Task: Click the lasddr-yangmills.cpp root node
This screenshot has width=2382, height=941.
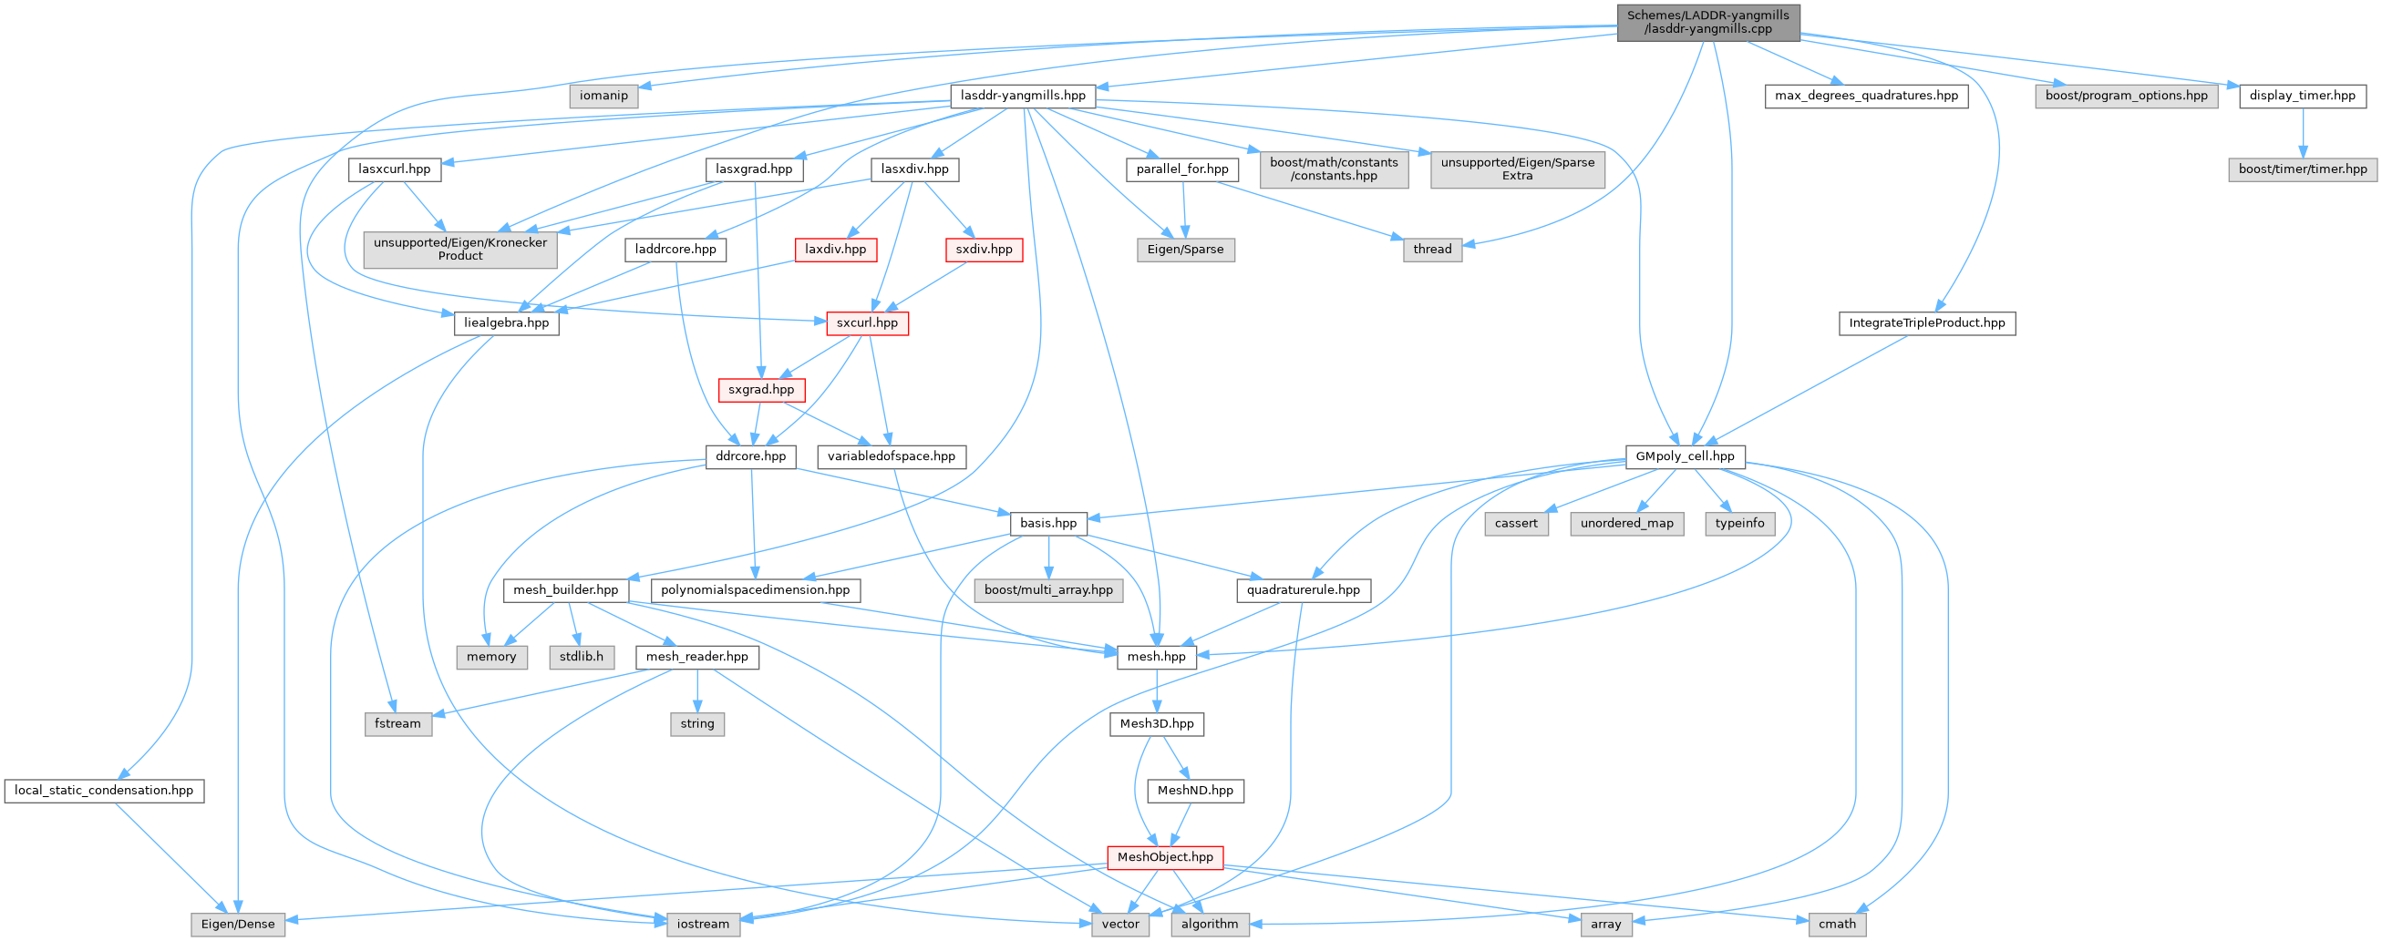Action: [1708, 22]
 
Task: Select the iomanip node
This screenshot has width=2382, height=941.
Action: [603, 97]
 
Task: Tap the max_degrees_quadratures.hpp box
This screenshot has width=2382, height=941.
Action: [1866, 97]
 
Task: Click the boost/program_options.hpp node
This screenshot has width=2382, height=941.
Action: [2126, 97]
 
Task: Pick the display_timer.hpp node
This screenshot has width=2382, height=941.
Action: [2302, 97]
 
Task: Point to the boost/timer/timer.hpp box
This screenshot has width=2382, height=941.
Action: [2302, 169]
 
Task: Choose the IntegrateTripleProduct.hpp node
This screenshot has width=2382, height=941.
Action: [1926, 323]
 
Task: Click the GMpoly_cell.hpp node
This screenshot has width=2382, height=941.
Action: [1685, 456]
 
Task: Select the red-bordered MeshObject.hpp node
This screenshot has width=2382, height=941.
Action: [1165, 858]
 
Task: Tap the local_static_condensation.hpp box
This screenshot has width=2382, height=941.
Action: [104, 792]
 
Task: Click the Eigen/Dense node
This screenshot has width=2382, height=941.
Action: [238, 925]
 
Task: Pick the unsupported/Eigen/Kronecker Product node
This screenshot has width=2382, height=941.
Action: [459, 250]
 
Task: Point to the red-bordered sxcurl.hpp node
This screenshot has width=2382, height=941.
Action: [867, 323]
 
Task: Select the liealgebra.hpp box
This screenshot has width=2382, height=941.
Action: [506, 323]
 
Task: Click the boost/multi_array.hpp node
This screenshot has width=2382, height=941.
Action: [1048, 589]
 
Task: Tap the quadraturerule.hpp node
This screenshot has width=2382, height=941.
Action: [1303, 589]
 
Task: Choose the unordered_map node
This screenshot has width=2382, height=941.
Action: [1626, 523]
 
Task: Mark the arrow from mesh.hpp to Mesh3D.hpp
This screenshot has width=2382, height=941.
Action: [1157, 690]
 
